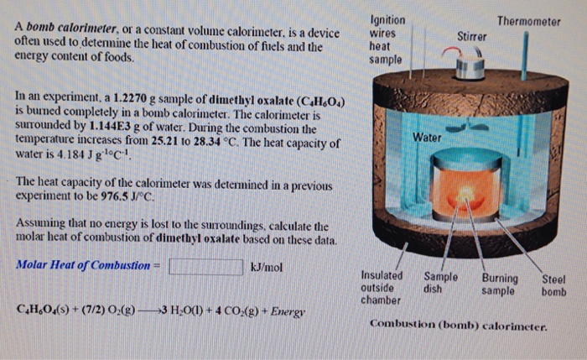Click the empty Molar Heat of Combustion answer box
[205, 266]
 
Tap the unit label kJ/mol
[267, 266]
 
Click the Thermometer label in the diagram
[527, 20]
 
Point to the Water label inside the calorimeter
[428, 137]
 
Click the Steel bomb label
[553, 285]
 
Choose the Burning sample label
[501, 285]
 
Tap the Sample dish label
[440, 285]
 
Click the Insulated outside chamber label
[381, 287]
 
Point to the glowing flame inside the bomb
[466, 196]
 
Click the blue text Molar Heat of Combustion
[82, 266]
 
